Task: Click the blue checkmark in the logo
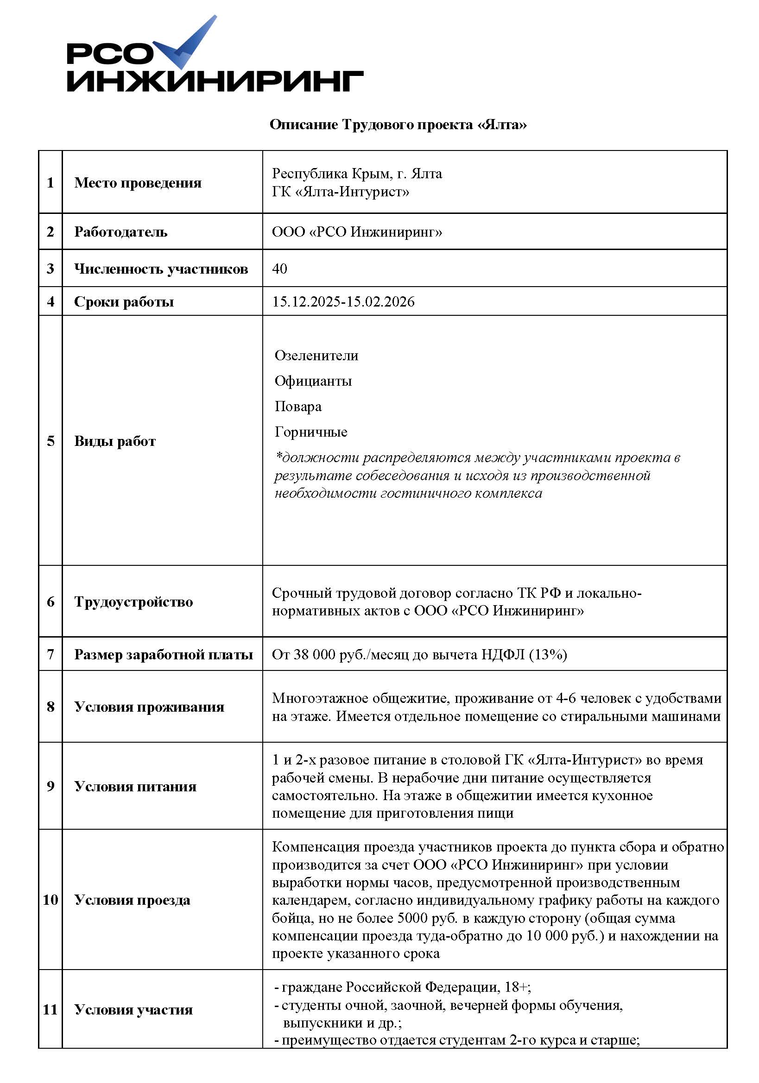[186, 45]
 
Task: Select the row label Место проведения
[138, 182]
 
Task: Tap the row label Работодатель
[121, 232]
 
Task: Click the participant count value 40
[279, 269]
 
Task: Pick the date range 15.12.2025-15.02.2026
[343, 301]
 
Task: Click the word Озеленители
[316, 355]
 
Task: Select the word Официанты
[313, 381]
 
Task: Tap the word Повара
[298, 406]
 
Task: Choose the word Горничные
[310, 432]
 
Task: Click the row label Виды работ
[115, 441]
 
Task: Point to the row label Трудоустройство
[133, 601]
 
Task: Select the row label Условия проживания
[149, 707]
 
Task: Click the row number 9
[51, 786]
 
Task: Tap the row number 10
[51, 900]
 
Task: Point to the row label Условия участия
[133, 1009]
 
